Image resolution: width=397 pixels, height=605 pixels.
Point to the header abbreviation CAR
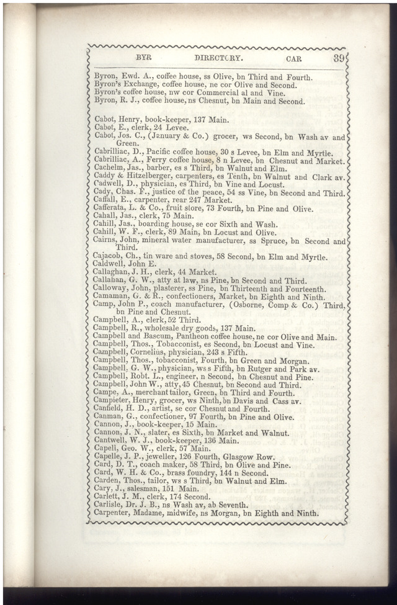point(294,59)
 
